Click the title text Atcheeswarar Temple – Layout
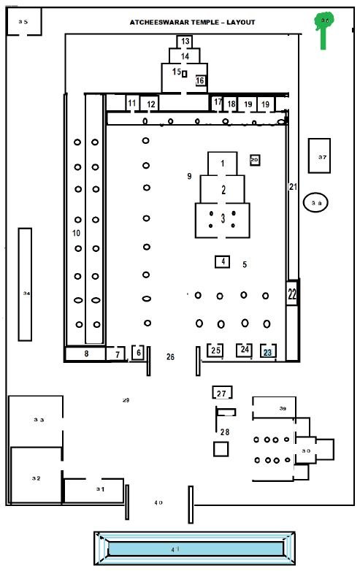[193, 23]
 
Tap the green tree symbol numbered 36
[323, 27]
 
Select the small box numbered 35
[23, 23]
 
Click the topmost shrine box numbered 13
[185, 42]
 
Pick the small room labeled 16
[200, 80]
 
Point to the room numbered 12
[150, 104]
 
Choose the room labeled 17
[217, 104]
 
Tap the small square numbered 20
[255, 160]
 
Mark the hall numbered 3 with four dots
[222, 220]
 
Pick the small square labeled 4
[223, 261]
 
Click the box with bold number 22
[292, 294]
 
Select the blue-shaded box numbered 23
[268, 351]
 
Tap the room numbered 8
[85, 354]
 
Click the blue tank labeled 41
[194, 548]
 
